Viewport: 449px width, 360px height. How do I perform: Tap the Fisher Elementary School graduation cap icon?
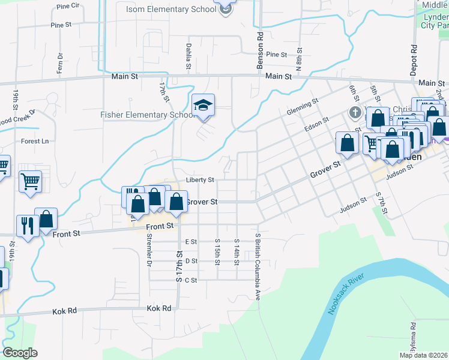203,106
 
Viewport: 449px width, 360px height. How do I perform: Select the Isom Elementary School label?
171,9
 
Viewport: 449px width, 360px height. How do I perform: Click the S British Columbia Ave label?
258,267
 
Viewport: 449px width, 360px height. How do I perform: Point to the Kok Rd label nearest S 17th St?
159,308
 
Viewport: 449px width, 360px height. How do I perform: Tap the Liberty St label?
200,179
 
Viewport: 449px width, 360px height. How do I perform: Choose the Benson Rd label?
260,50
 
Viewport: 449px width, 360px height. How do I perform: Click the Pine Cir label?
67,6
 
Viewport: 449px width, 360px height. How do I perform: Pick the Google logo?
20,353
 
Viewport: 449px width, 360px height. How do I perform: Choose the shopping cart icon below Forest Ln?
30,181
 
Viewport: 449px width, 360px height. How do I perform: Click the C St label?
191,280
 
